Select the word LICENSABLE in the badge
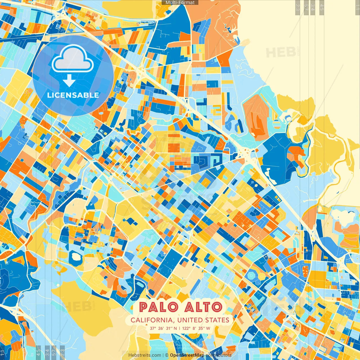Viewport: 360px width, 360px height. coord(73,95)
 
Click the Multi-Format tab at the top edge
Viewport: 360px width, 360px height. coord(180,3)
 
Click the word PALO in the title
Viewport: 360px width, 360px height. coord(158,307)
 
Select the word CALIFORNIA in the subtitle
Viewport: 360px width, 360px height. coord(152,320)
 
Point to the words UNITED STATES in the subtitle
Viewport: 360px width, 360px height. coord(203,320)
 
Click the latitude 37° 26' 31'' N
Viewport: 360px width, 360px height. coord(163,328)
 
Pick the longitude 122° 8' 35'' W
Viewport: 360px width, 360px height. coord(196,328)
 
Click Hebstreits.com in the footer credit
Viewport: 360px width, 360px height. coord(145,355)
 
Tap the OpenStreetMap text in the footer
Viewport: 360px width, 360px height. coord(187,355)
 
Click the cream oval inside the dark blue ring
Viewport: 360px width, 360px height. coord(76,256)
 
